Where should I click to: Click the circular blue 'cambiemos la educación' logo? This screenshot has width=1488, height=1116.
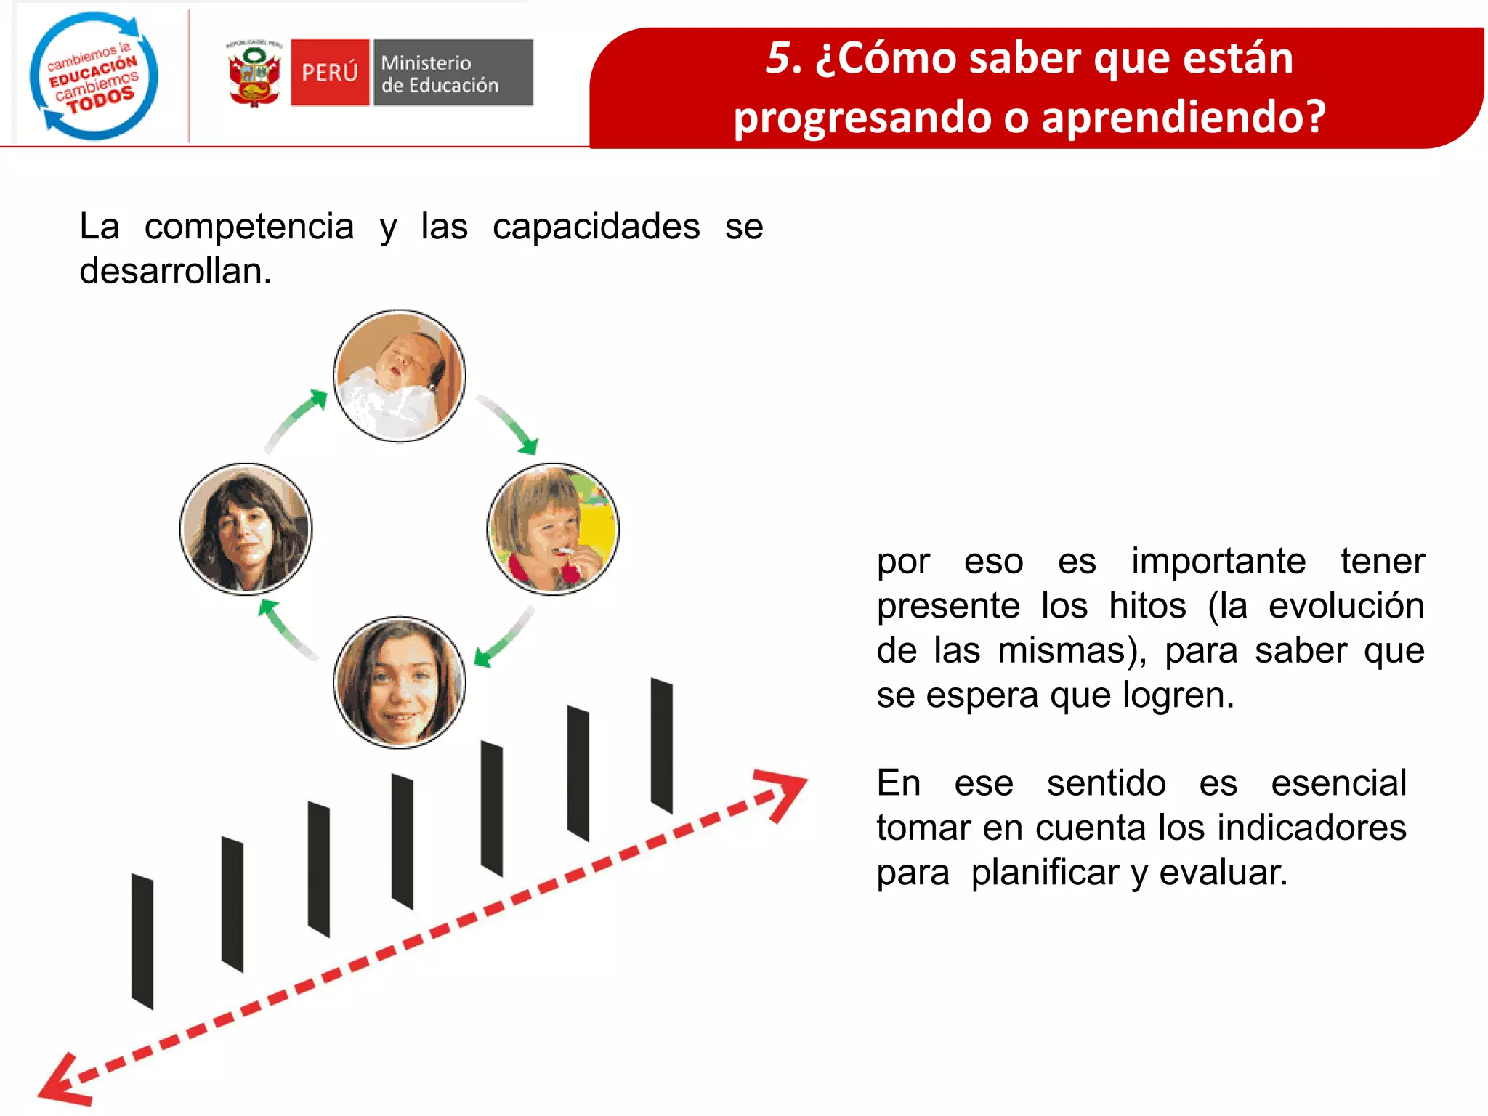point(93,76)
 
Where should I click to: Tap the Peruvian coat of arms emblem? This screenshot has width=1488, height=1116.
point(254,74)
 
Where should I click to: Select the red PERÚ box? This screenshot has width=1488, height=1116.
point(330,73)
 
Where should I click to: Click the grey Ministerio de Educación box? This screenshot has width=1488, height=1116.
point(453,73)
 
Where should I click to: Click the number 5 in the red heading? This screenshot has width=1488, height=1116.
point(781,58)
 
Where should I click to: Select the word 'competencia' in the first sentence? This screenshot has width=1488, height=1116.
point(249,227)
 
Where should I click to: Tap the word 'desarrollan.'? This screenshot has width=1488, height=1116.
point(175,272)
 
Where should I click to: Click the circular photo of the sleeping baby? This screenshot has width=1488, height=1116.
point(399,376)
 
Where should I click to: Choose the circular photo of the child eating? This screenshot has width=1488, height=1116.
point(553,529)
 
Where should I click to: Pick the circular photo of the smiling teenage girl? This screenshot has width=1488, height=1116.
point(399,682)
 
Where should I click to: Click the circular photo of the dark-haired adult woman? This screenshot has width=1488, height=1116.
point(246,529)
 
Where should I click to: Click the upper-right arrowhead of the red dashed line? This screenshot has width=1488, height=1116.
point(785,792)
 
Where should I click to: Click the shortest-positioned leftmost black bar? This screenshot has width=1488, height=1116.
point(142,942)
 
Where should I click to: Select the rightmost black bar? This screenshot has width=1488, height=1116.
point(661,745)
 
